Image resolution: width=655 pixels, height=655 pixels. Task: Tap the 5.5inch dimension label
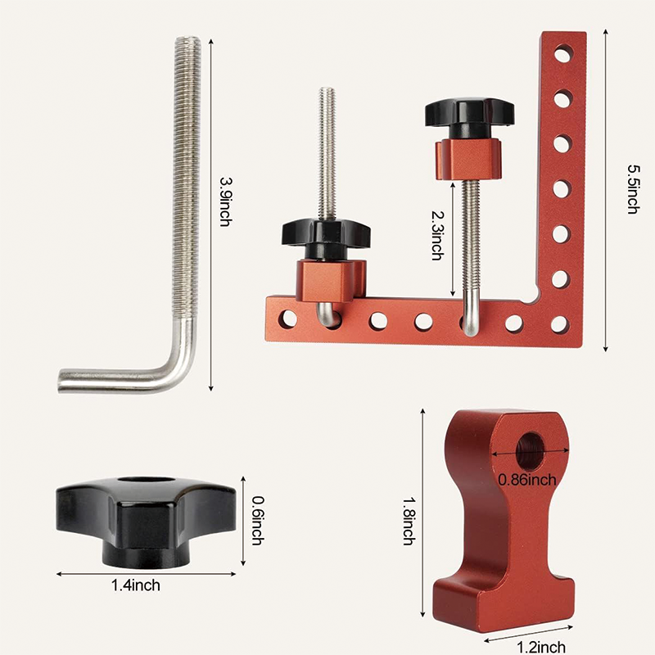[632, 189]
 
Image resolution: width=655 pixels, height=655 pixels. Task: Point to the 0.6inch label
[256, 521]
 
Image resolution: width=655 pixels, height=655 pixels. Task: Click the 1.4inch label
[136, 585]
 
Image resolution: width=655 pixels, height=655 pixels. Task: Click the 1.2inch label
[540, 647]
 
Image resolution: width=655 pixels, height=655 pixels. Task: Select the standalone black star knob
[145, 517]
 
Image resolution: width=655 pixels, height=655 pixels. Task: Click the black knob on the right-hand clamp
[469, 115]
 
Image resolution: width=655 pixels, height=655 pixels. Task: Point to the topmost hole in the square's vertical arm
[562, 56]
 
